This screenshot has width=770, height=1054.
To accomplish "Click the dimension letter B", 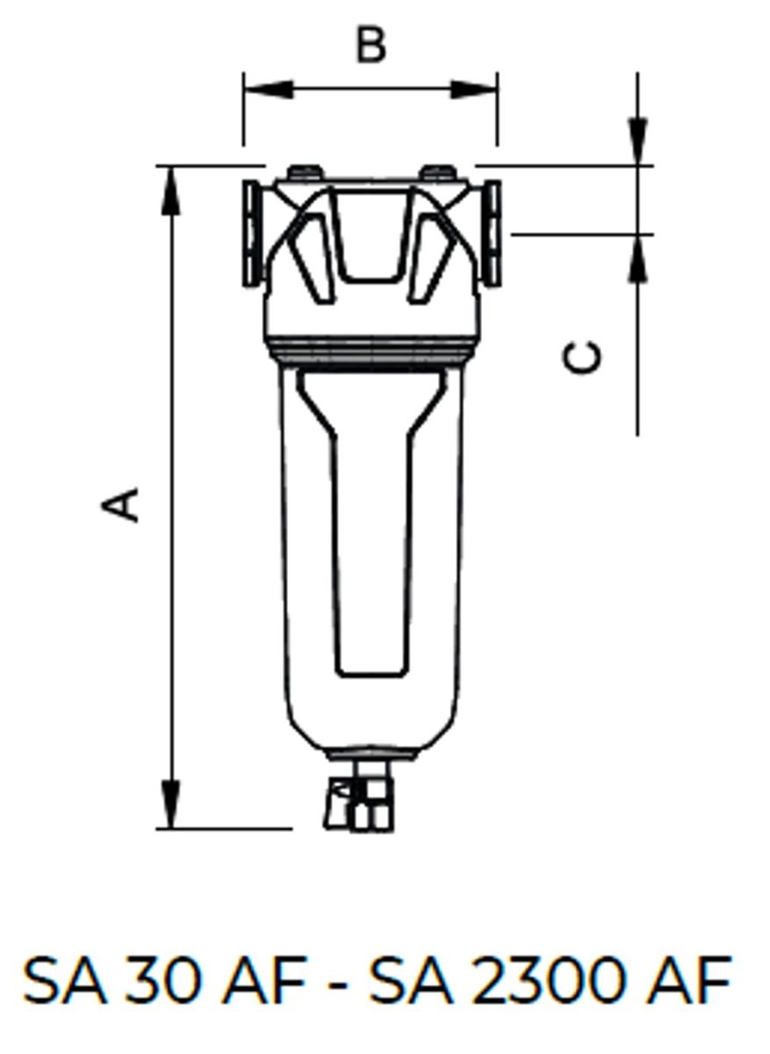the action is coord(371,46).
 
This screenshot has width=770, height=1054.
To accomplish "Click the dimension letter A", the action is coord(120,505).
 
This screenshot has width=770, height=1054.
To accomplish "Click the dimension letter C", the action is coord(582,357).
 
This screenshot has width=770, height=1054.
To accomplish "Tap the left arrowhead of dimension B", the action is coord(269,90).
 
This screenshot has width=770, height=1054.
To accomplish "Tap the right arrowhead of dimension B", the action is coord(473,90).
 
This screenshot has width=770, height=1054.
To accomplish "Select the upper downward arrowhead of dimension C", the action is coord(637,141).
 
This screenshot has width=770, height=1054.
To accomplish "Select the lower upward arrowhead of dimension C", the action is coord(637,258).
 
